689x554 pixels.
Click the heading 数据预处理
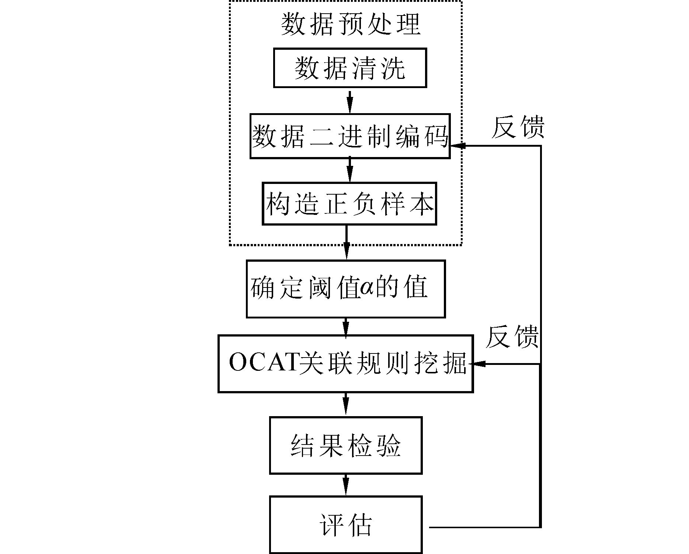coord(350,24)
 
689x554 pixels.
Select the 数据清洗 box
coord(350,68)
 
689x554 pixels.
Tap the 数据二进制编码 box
coord(350,136)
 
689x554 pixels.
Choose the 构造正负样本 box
coord(349,203)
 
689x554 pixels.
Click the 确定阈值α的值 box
coord(345,289)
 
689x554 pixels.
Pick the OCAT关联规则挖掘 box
coord(345,364)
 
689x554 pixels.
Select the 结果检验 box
coord(345,445)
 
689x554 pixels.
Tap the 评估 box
coord(345,524)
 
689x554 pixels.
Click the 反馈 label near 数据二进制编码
coord(518,128)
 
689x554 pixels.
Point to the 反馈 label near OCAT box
coord(512,337)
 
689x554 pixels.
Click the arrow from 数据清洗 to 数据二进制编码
coord(350,101)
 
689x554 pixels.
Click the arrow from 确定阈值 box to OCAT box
coord(345,327)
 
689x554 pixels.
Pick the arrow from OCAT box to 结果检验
coord(345,405)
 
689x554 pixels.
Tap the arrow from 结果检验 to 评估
coord(345,485)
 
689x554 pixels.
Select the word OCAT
coord(263,363)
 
